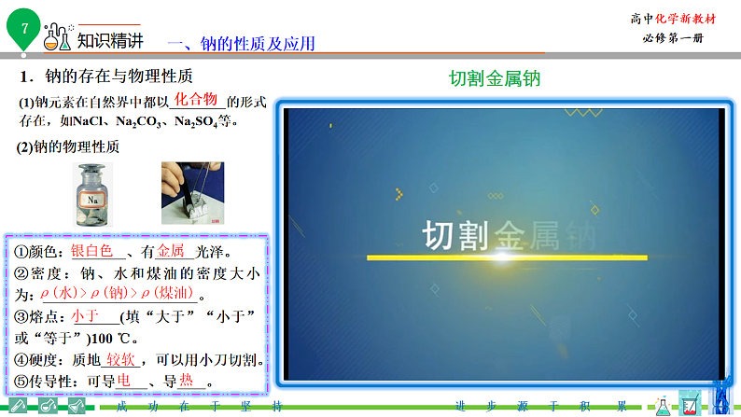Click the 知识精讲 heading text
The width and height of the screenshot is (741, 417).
[x=110, y=40]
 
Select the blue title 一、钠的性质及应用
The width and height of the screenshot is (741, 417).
[x=241, y=43]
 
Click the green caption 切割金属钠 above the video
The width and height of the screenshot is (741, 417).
[x=495, y=79]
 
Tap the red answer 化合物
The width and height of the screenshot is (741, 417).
[x=196, y=100]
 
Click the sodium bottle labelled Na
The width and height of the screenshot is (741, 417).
[x=93, y=194]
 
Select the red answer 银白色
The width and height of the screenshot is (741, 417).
[x=91, y=251]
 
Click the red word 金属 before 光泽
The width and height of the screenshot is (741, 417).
[x=171, y=251]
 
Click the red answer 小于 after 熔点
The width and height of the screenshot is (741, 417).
[x=85, y=316]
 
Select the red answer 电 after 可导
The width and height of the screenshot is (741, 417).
[x=124, y=381]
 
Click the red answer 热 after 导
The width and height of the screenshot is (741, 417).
[x=187, y=381]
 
